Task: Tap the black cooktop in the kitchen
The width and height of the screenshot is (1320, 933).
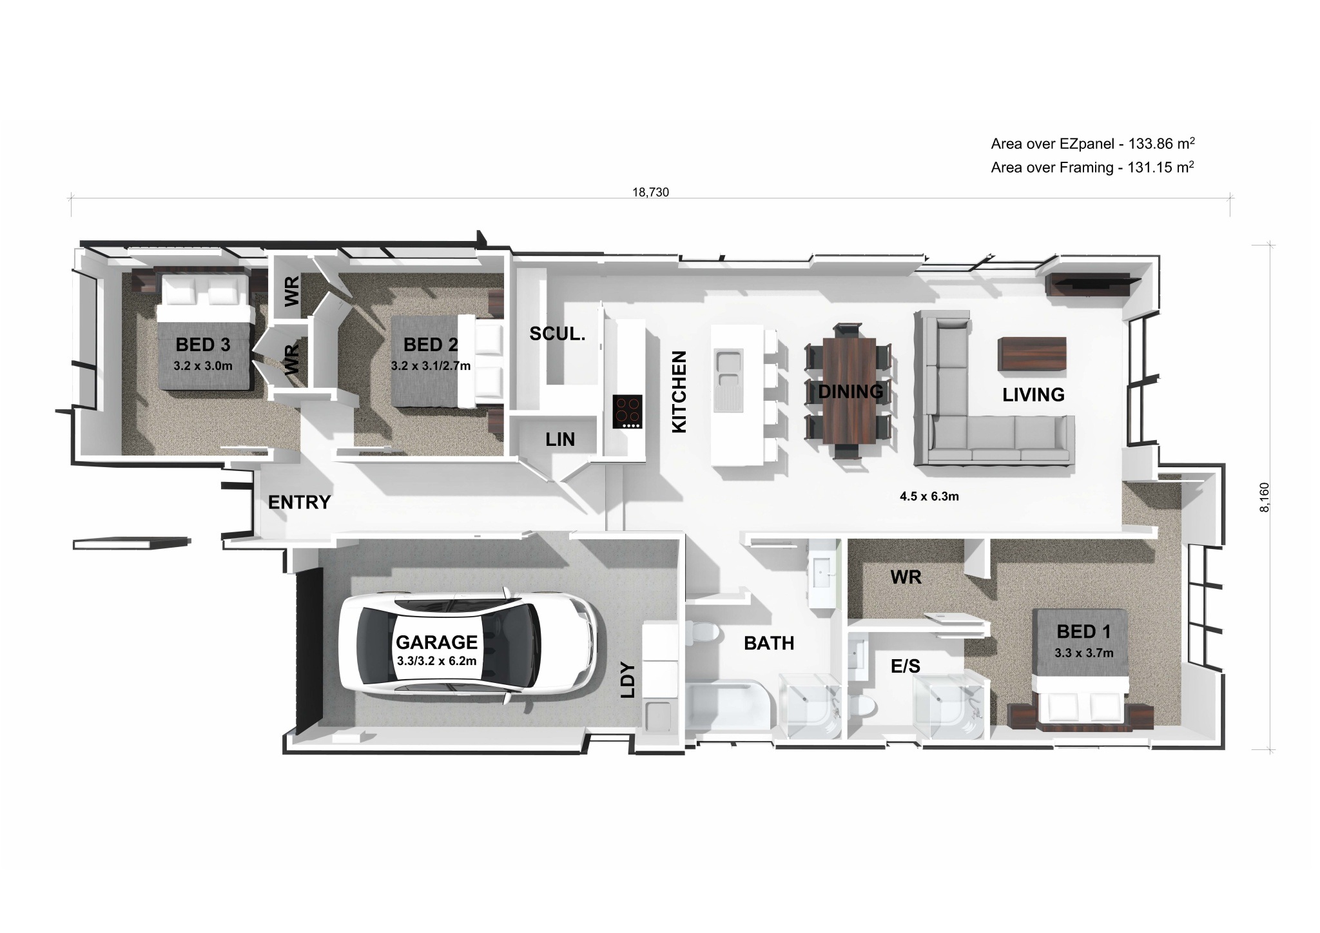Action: [627, 411]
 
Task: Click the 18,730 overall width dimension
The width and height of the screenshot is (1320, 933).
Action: [651, 192]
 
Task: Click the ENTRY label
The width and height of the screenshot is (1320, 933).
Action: [299, 502]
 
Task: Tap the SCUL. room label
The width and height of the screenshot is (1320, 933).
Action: [558, 333]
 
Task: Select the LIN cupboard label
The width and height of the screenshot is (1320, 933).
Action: [560, 439]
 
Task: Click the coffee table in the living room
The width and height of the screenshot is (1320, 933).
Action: [1032, 354]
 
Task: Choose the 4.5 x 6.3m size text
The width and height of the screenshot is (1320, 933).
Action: [929, 496]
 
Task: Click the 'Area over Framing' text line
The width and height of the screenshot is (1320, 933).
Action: [1092, 168]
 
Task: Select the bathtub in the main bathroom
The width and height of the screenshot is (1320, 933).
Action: [728, 711]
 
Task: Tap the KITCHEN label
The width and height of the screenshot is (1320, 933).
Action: [679, 392]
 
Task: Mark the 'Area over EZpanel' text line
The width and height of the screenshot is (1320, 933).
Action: [1093, 143]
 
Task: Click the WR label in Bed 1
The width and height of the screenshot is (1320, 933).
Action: [906, 577]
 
